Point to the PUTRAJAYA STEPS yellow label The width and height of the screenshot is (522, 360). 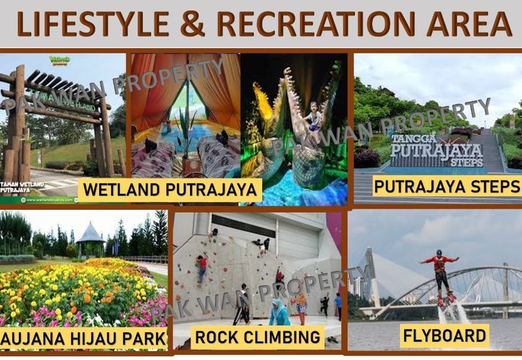446,186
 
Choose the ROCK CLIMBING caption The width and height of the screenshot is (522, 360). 258,337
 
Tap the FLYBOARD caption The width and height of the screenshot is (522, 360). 445,336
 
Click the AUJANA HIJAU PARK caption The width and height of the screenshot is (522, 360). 84,339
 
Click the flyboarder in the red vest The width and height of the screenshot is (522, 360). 440,271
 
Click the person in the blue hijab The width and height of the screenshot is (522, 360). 280,312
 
